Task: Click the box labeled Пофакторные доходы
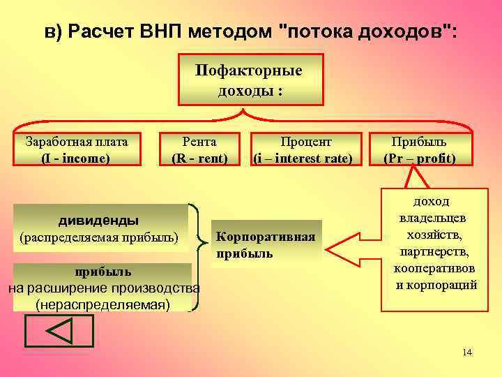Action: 250,81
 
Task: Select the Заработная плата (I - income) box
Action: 76,149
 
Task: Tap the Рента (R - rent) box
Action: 199,149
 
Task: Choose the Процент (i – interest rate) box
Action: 303,149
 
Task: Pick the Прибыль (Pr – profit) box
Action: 419,149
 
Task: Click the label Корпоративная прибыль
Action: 266,245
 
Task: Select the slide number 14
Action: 467,353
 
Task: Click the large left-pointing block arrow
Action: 349,246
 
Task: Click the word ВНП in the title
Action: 169,32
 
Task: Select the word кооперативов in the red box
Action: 436,269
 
